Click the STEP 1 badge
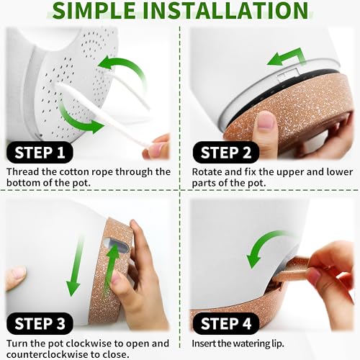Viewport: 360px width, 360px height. click(x=40, y=153)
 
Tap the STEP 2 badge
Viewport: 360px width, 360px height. click(x=226, y=153)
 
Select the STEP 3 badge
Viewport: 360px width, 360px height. click(x=40, y=323)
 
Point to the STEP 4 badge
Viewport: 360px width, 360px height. click(x=226, y=323)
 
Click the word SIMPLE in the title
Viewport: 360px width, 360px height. click(x=94, y=10)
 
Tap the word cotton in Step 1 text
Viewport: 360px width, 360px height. click(x=74, y=172)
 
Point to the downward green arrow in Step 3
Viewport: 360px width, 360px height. click(x=75, y=266)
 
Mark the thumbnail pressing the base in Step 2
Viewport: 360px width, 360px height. click(x=266, y=120)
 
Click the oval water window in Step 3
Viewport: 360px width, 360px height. click(x=117, y=246)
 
